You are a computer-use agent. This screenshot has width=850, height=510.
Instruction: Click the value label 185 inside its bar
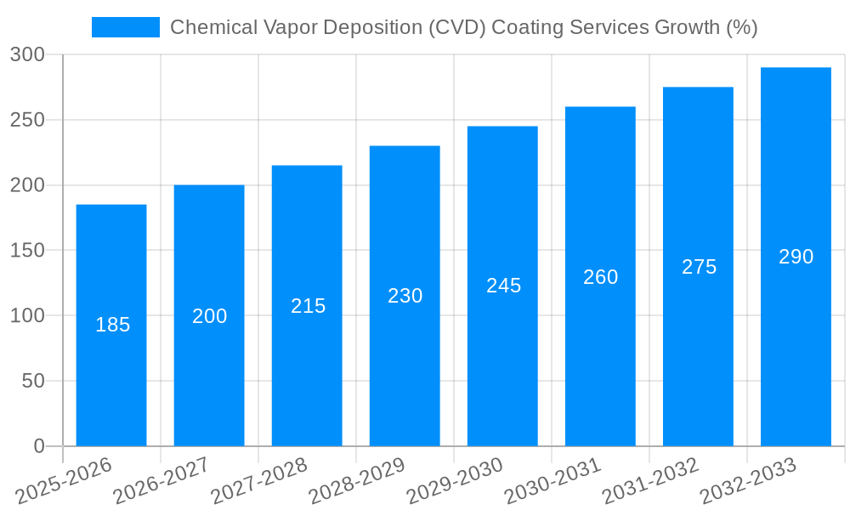tap(112, 325)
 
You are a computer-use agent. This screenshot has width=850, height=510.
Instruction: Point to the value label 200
tap(210, 316)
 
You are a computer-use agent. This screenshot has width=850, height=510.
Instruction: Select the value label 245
tap(503, 286)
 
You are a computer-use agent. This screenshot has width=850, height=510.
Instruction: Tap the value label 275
tap(699, 267)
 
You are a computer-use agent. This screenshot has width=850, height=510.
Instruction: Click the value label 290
tap(796, 257)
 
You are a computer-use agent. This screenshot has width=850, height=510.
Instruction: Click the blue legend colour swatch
tap(126, 27)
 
